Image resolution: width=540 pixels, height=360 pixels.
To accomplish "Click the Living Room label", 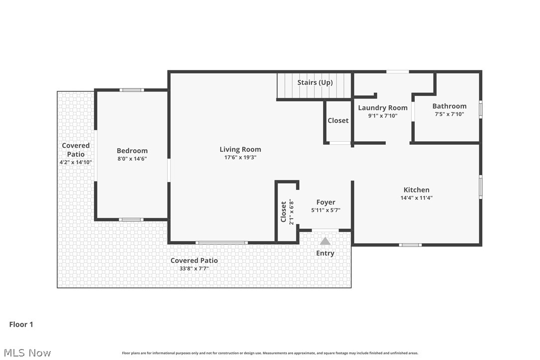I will (x=240, y=149).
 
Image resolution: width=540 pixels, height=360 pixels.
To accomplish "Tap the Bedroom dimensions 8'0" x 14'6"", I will (x=132, y=159).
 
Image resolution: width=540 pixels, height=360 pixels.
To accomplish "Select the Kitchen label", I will (x=416, y=189).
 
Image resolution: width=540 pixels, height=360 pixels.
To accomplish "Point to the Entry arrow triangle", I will (x=325, y=241).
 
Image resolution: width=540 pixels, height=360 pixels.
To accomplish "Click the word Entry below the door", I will (x=325, y=253).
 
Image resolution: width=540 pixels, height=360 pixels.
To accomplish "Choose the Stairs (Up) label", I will (x=315, y=82).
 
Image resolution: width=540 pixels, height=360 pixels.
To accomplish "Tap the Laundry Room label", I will (x=382, y=107).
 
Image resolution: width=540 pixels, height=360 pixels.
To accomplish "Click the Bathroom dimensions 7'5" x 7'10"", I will (x=449, y=114).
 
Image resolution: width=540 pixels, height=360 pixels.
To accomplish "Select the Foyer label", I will (x=326, y=202).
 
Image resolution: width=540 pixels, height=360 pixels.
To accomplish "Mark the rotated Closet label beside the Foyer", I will (x=283, y=212).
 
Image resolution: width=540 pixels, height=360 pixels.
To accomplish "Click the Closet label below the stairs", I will (x=338, y=120).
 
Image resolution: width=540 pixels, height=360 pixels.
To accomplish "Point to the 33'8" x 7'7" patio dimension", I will (x=194, y=269).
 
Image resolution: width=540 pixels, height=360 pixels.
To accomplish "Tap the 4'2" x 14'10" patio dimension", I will (x=76, y=162).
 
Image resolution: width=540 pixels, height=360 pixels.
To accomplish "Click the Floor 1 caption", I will (x=21, y=324).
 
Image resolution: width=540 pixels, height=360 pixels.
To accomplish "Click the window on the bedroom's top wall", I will (x=132, y=90).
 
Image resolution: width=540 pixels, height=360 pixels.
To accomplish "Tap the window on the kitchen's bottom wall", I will (x=410, y=245).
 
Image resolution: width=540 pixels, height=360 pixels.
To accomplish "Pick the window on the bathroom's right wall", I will (x=480, y=109).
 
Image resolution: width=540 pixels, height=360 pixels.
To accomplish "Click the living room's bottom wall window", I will (x=221, y=243).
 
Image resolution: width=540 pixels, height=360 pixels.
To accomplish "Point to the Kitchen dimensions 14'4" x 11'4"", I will (x=416, y=197).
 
